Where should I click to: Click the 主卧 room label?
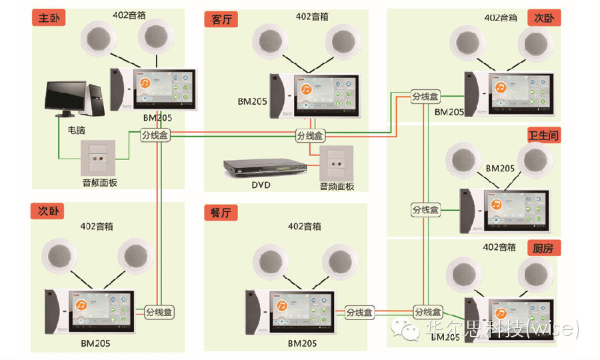pyautogui.click(x=49, y=18)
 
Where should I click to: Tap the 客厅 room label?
pyautogui.click(x=221, y=19)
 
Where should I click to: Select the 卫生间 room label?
pyautogui.click(x=543, y=135)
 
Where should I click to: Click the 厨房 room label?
pyautogui.click(x=543, y=248)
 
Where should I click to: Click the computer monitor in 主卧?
pyautogui.click(x=69, y=98)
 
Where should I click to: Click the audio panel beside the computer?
pyautogui.click(x=99, y=159)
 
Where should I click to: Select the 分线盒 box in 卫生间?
pyautogui.click(x=426, y=210)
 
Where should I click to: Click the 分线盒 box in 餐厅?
pyautogui.click(x=359, y=312)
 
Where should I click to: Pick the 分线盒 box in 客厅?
pyautogui.click(x=310, y=135)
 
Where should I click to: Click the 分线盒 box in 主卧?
pyautogui.click(x=155, y=135)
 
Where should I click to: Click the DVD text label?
pyautogui.click(x=261, y=185)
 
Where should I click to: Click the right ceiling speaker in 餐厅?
pyautogui.click(x=341, y=260)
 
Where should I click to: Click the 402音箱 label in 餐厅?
pyautogui.click(x=305, y=226)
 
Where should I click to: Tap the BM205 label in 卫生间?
pyautogui.click(x=500, y=169)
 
